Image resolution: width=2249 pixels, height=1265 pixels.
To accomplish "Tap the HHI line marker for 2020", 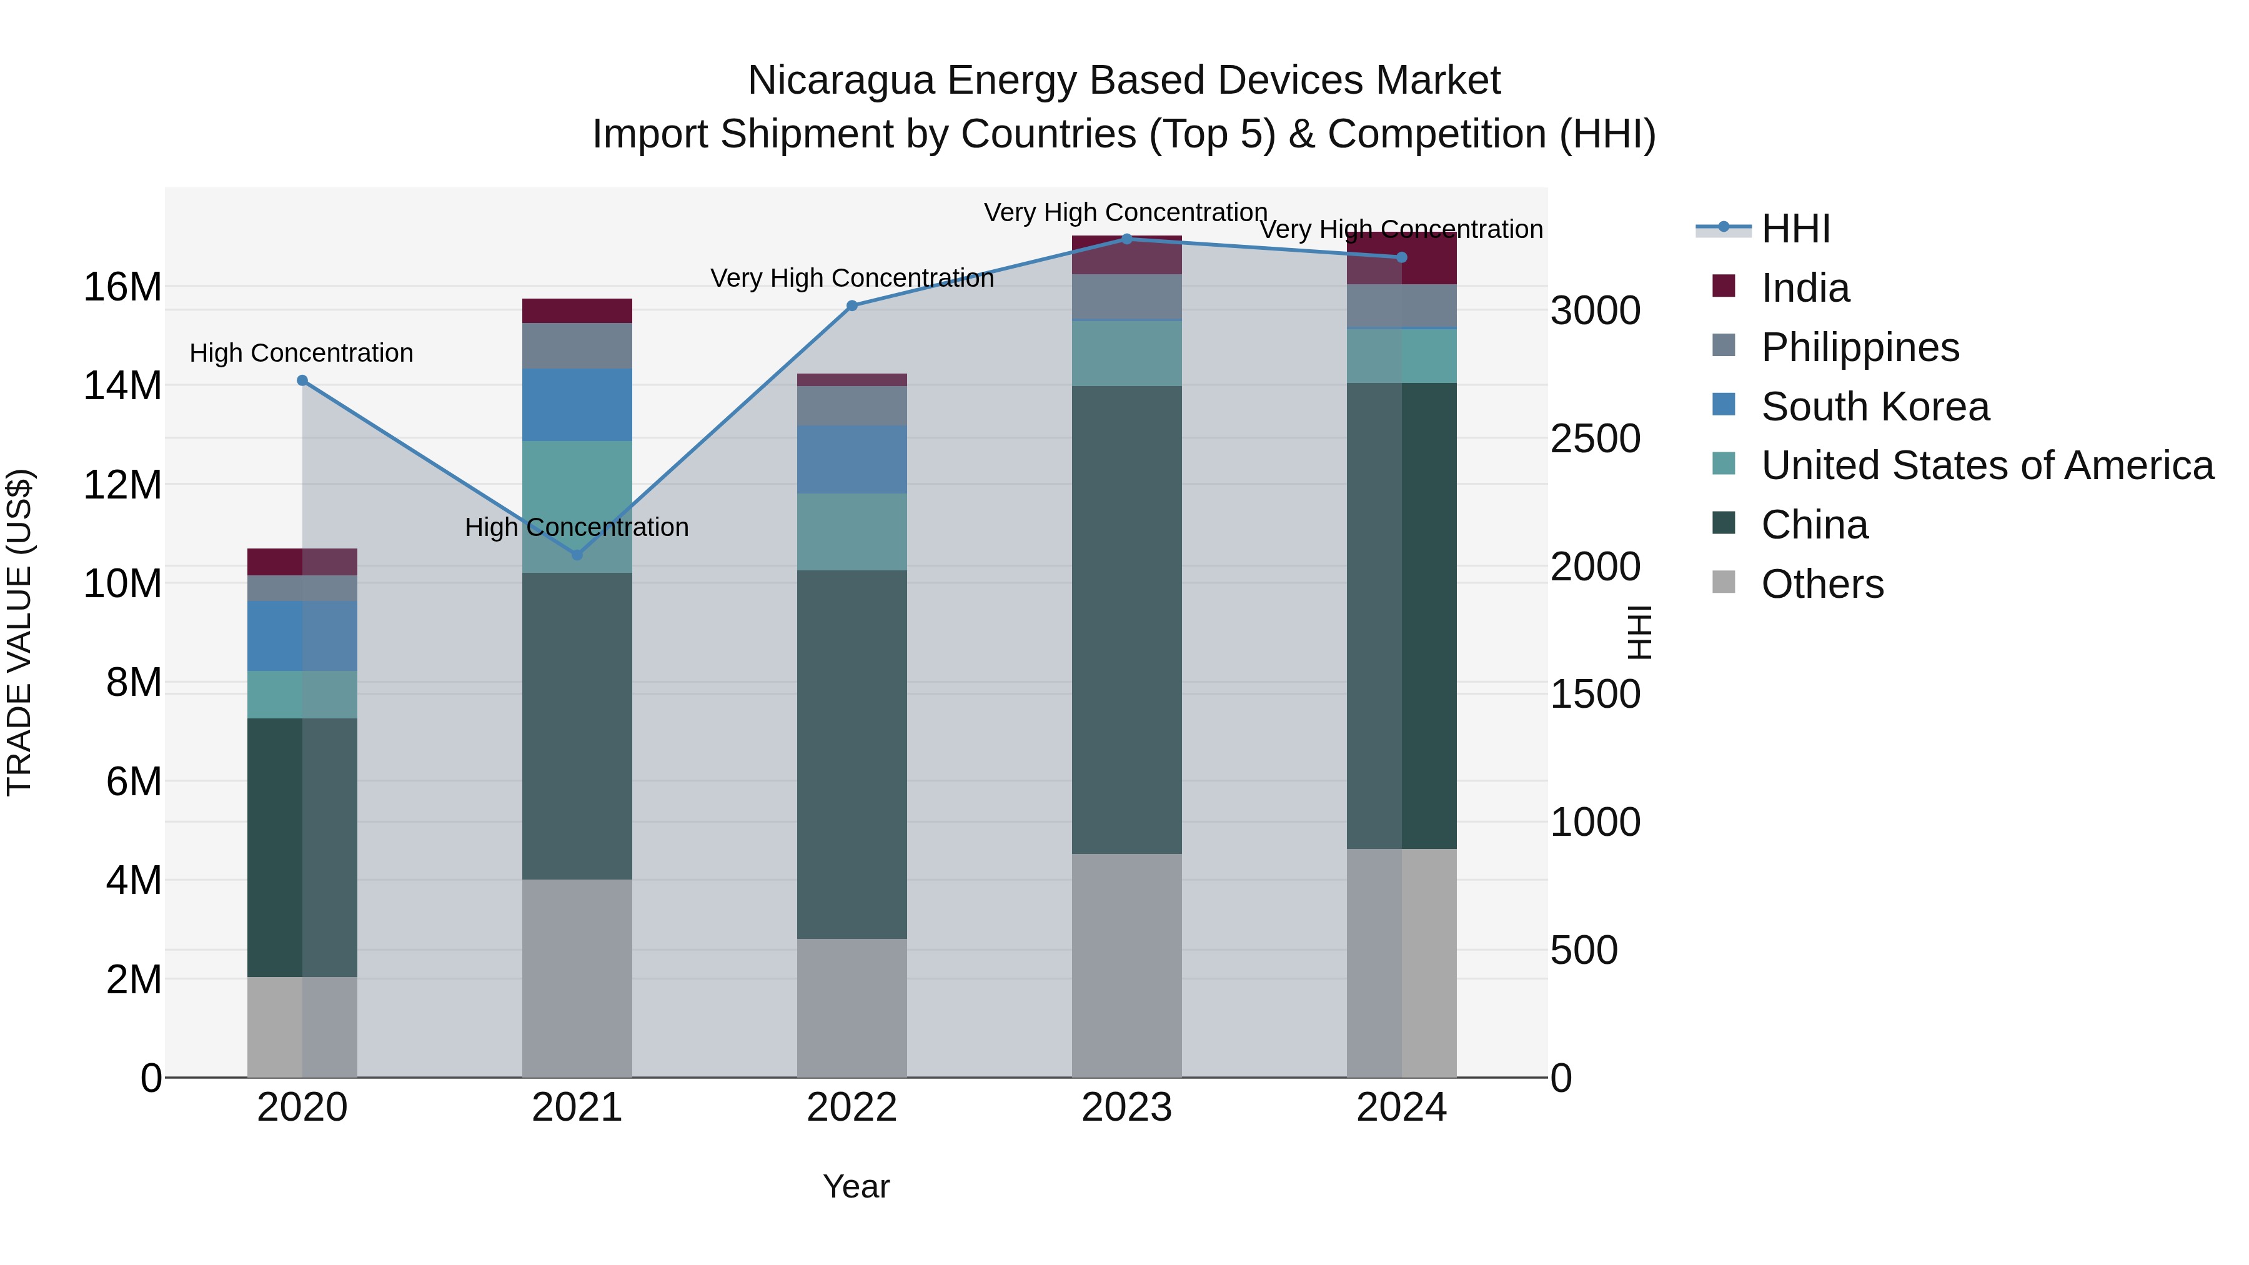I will (302, 380).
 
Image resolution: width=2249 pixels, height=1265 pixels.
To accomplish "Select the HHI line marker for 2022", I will (852, 305).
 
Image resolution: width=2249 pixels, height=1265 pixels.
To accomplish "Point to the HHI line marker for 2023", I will (1126, 239).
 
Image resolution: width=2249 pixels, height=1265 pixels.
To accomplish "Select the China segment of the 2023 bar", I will (1126, 620).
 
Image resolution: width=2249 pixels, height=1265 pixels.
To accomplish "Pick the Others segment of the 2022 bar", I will (851, 1008).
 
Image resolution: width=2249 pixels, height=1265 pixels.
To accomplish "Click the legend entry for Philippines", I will (1860, 347).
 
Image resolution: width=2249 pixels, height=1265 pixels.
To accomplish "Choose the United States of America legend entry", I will (1986, 465).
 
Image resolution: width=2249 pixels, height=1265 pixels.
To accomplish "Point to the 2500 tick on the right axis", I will (1595, 439).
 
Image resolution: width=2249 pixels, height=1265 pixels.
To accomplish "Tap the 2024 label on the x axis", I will (1401, 1108).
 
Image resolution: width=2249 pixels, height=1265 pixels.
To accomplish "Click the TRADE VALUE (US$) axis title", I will (20, 632).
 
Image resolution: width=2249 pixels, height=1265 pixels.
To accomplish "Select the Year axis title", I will (856, 1186).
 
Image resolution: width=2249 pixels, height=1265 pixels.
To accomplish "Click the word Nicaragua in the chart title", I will (841, 81).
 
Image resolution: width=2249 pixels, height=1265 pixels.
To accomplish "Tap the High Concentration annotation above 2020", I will (301, 353).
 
